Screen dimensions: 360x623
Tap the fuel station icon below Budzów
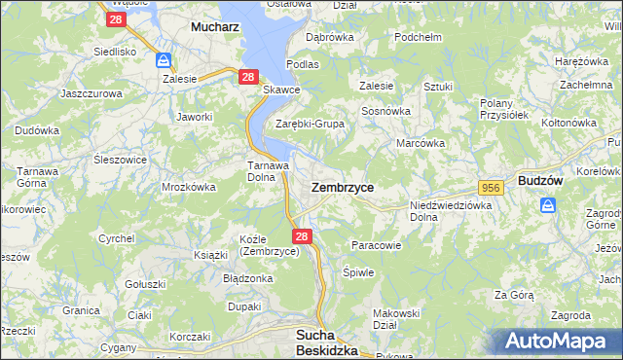point(548,205)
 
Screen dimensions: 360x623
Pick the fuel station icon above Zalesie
point(164,60)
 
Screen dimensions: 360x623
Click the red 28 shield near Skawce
point(247,77)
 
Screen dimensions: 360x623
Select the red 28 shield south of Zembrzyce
point(302,235)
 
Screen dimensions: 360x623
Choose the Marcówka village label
point(421,143)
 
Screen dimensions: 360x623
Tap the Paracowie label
point(376,245)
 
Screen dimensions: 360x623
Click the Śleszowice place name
point(120,160)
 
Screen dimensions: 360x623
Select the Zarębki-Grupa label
point(310,124)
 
